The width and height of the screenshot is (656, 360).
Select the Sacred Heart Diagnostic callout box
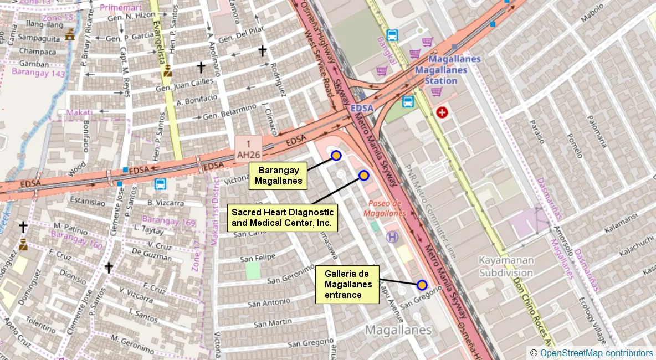(x=282, y=218)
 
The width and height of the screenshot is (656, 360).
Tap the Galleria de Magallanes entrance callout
(x=347, y=285)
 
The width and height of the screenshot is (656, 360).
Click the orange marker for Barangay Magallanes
(x=336, y=156)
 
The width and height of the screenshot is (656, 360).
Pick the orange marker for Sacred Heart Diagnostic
(x=364, y=176)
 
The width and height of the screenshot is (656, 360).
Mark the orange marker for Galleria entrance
(x=422, y=285)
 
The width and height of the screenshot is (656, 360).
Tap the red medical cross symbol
(x=442, y=113)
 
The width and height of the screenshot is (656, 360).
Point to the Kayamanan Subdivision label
(x=506, y=266)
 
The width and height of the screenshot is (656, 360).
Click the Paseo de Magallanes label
(x=385, y=208)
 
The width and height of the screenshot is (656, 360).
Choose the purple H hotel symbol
(x=392, y=237)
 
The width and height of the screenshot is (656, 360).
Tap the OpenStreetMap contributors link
(x=596, y=353)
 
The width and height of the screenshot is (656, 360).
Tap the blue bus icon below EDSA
(x=161, y=183)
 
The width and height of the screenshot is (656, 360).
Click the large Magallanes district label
(x=398, y=330)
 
